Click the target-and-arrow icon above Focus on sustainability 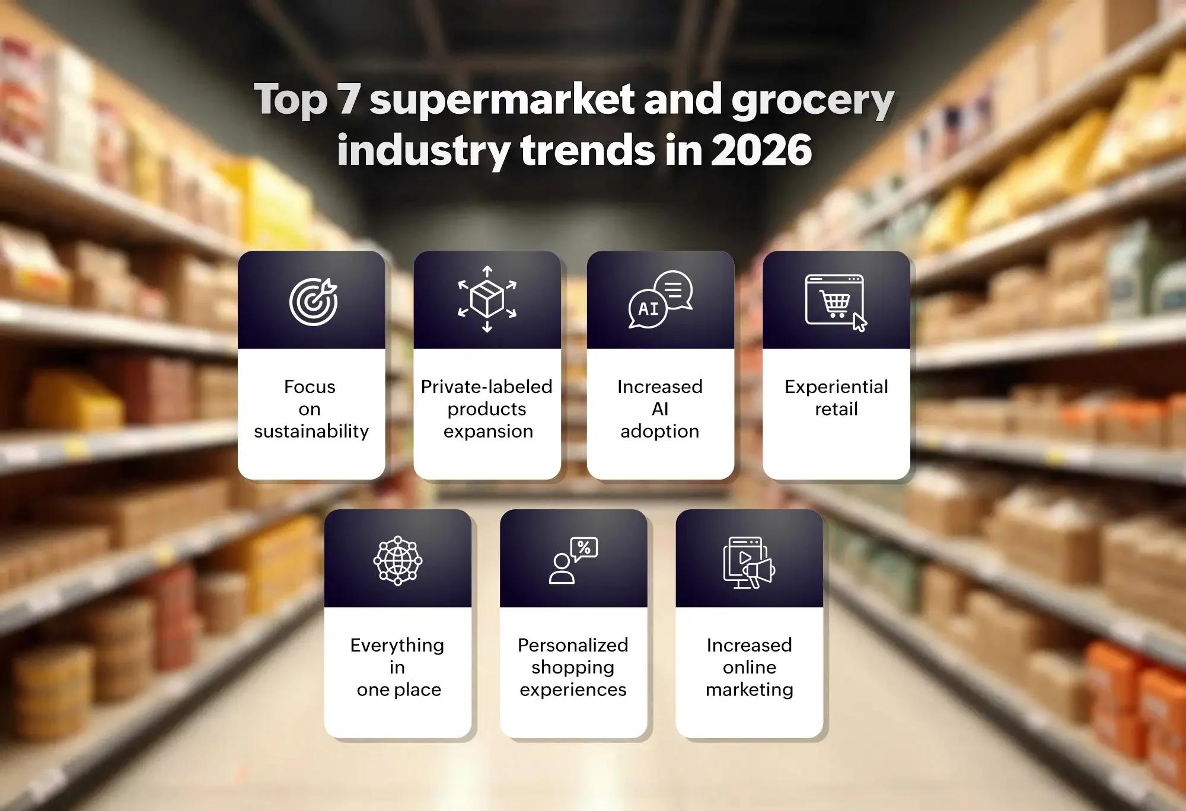313,301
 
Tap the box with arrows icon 487,299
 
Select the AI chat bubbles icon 661,299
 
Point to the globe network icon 397,560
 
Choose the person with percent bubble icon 573,561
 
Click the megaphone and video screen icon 749,562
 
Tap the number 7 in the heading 349,99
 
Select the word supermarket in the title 502,99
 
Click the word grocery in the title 812,101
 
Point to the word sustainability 311,431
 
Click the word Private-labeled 486,387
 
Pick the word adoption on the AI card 659,432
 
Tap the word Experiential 836,387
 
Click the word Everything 397,646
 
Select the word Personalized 573,645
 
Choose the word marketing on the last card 749,690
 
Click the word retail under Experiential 836,409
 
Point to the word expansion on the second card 488,432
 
